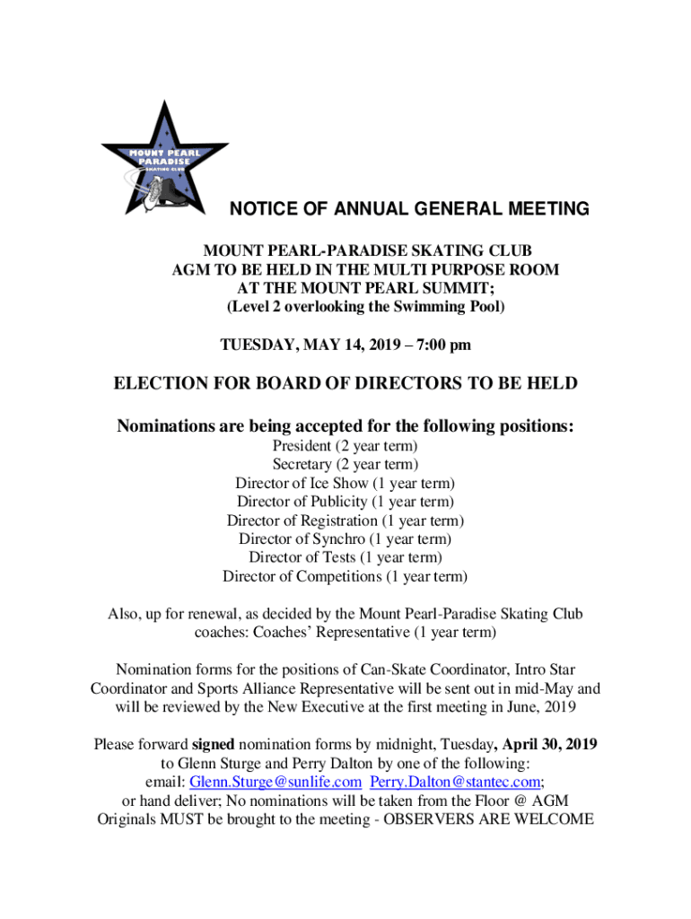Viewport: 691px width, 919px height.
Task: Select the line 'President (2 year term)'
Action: [x=345, y=445]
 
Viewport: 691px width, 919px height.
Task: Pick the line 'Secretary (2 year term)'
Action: [x=345, y=464]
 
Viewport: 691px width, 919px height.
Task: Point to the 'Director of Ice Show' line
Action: [x=345, y=483]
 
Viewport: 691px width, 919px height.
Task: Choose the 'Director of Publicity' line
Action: [x=345, y=502]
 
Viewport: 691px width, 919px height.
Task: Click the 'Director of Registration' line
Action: [x=345, y=521]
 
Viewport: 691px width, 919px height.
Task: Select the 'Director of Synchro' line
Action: [x=345, y=539]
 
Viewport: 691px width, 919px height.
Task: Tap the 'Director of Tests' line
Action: [x=345, y=558]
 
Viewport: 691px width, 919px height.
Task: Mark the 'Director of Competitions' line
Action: [x=345, y=577]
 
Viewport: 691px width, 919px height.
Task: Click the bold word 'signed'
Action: [x=213, y=745]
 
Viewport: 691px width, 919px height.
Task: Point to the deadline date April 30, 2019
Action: [x=549, y=745]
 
